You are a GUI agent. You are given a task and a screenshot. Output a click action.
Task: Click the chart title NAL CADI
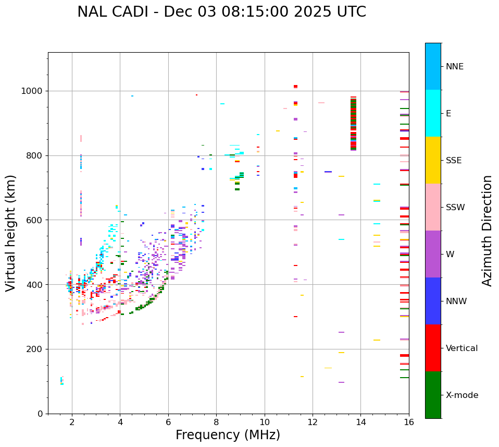coord(221,12)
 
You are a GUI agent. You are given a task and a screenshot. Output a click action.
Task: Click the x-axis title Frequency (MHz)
coord(228,435)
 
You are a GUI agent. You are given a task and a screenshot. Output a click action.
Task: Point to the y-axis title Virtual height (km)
coord(11,233)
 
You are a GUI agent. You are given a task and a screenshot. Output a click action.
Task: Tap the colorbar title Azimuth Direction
coord(487,231)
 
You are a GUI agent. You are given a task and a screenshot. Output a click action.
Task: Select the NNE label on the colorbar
coord(454,67)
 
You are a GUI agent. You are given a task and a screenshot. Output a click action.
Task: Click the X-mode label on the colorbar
coord(462,395)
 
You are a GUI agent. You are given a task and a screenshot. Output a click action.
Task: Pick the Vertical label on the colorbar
coord(461,348)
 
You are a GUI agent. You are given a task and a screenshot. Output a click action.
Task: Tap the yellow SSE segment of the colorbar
coord(433,160)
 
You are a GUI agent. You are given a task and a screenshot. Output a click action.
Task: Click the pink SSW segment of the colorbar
coord(433,207)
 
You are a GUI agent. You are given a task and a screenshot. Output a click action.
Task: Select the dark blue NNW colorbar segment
coord(433,301)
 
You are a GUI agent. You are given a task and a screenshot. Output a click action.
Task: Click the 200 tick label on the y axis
coord(36,349)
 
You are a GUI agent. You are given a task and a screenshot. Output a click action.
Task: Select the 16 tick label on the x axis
coord(409,422)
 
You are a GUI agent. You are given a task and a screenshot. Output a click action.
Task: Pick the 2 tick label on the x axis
coord(72,422)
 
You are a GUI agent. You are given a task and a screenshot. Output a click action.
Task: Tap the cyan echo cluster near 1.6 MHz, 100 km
coord(61,381)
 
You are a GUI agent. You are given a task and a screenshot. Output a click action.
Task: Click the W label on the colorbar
coord(450,255)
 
